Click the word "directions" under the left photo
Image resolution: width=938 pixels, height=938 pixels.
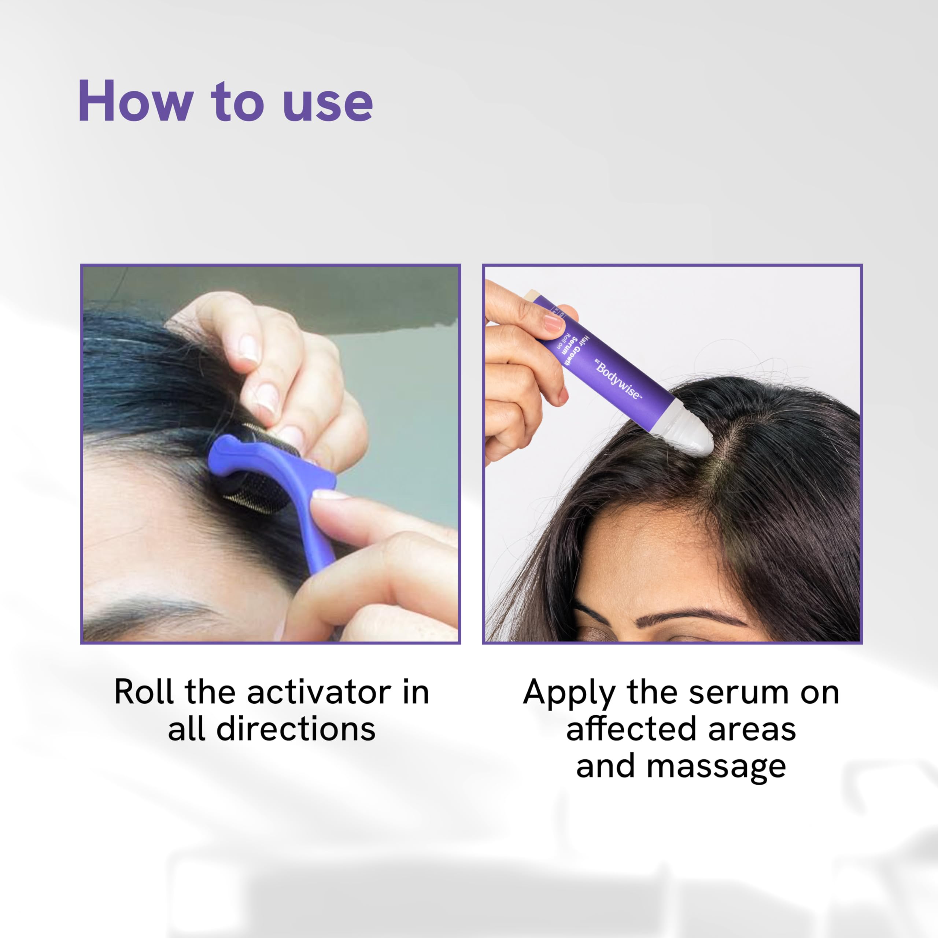tap(296, 729)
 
